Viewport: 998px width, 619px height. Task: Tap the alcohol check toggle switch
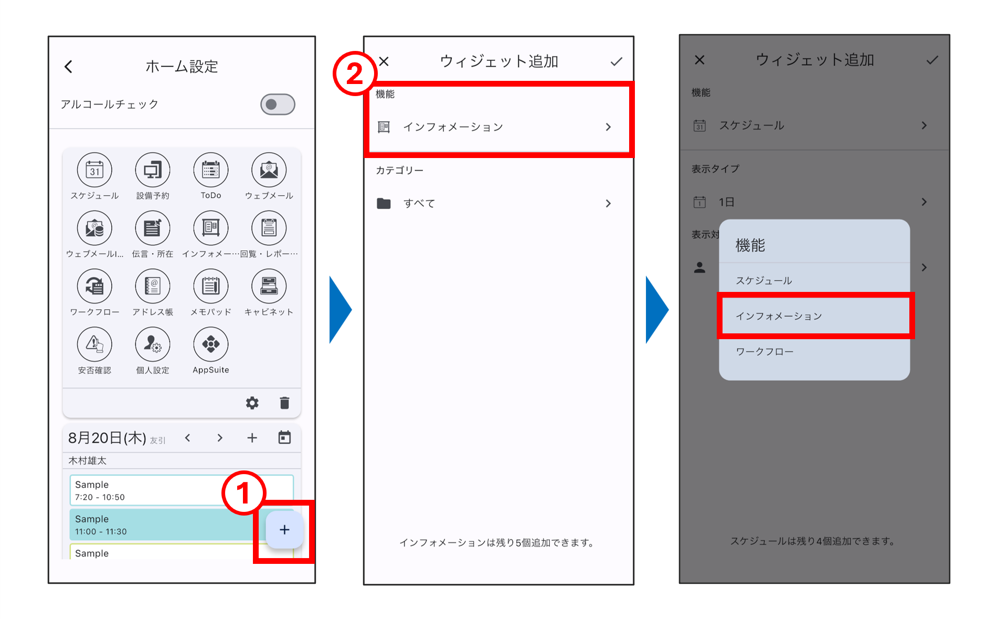pos(278,104)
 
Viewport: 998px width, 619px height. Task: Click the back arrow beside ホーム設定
pos(68,67)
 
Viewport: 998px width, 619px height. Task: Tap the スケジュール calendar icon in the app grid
pos(94,170)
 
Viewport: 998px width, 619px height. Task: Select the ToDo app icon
pos(211,170)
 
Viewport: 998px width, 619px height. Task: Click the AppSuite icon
pos(211,344)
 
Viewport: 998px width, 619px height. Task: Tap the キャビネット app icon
pos(269,286)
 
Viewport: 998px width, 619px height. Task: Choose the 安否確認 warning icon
pos(94,344)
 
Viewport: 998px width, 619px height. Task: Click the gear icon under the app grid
pos(252,403)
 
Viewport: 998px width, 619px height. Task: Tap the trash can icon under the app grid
pos(284,403)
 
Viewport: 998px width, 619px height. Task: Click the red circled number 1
pos(243,493)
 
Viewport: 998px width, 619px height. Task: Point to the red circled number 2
pos(355,73)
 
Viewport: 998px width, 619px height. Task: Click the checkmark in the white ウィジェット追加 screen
pos(617,62)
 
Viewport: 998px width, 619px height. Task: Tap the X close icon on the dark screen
pos(699,60)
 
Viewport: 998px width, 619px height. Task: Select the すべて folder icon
pos(384,203)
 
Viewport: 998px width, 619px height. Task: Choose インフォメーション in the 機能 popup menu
pos(779,316)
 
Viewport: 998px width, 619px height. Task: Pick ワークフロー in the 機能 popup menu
pos(765,352)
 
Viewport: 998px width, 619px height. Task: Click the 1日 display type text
pos(726,202)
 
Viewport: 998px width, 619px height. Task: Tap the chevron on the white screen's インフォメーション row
pos(608,127)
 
